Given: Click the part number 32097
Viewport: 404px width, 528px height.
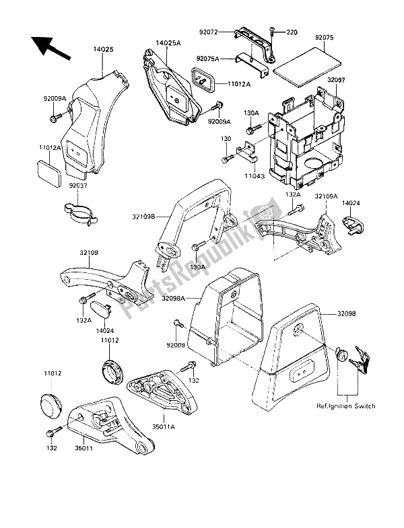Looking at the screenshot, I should click(337, 79).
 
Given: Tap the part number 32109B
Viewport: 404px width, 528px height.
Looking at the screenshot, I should click(145, 217).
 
